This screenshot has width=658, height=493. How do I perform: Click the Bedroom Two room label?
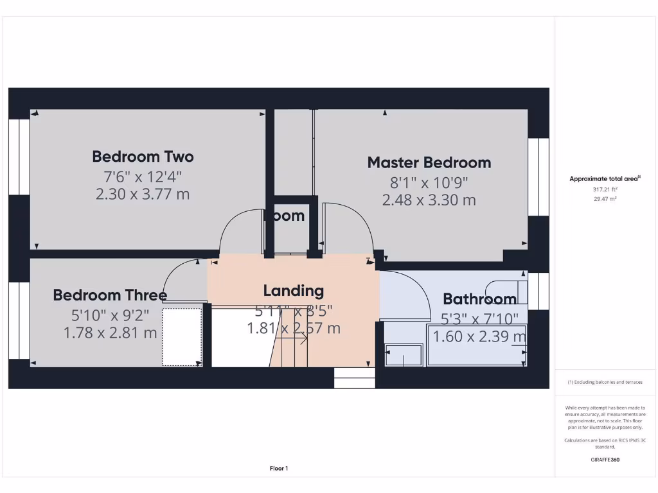(143, 157)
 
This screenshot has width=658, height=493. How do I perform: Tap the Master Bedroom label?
(429, 162)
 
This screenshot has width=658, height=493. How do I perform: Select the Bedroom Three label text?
(109, 295)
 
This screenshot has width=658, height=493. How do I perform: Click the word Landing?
(293, 291)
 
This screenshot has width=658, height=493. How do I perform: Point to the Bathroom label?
(479, 299)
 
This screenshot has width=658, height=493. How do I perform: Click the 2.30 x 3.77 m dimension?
(143, 194)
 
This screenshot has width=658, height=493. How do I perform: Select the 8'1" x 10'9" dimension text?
(429, 182)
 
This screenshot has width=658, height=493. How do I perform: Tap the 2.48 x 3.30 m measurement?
(429, 200)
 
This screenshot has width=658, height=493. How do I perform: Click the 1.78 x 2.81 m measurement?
(110, 333)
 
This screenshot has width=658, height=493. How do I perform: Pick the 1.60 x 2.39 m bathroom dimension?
(479, 336)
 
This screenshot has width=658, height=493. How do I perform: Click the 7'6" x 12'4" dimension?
(143, 176)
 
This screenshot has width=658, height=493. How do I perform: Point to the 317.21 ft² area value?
(604, 189)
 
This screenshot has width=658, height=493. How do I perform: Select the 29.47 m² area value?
(604, 199)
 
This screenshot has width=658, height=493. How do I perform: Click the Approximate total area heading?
(604, 179)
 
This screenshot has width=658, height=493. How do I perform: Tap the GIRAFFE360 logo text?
(604, 460)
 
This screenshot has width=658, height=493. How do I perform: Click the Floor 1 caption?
(279, 469)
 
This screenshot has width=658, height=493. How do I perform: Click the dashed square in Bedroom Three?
(182, 337)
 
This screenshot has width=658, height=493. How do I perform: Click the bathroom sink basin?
(404, 355)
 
